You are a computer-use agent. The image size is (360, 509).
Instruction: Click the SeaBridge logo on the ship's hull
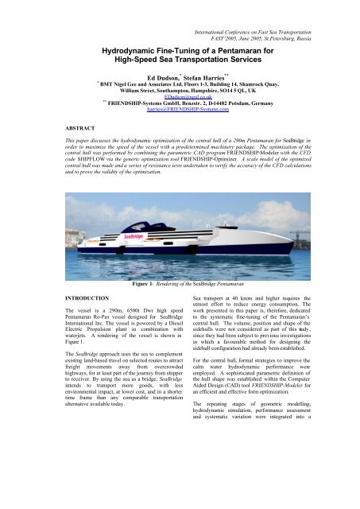pyautogui.click(x=134, y=235)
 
